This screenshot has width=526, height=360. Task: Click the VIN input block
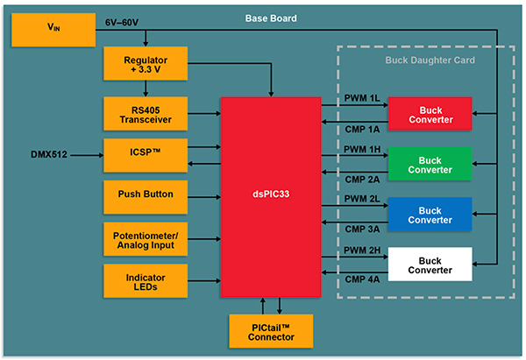53,30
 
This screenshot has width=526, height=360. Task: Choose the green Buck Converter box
430,164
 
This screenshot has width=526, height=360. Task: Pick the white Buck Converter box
430,265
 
